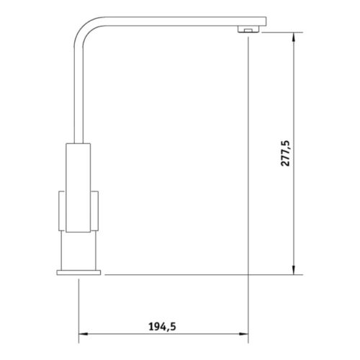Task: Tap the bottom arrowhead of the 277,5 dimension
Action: click(x=294, y=271)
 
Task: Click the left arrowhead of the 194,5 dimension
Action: click(x=81, y=334)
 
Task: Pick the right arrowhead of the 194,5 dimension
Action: click(x=245, y=334)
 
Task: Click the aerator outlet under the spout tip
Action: click(x=247, y=30)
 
